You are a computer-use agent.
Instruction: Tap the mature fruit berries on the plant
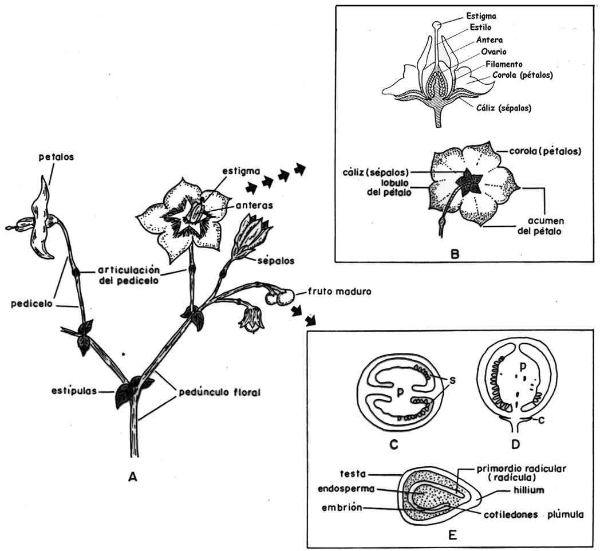click(x=280, y=297)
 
